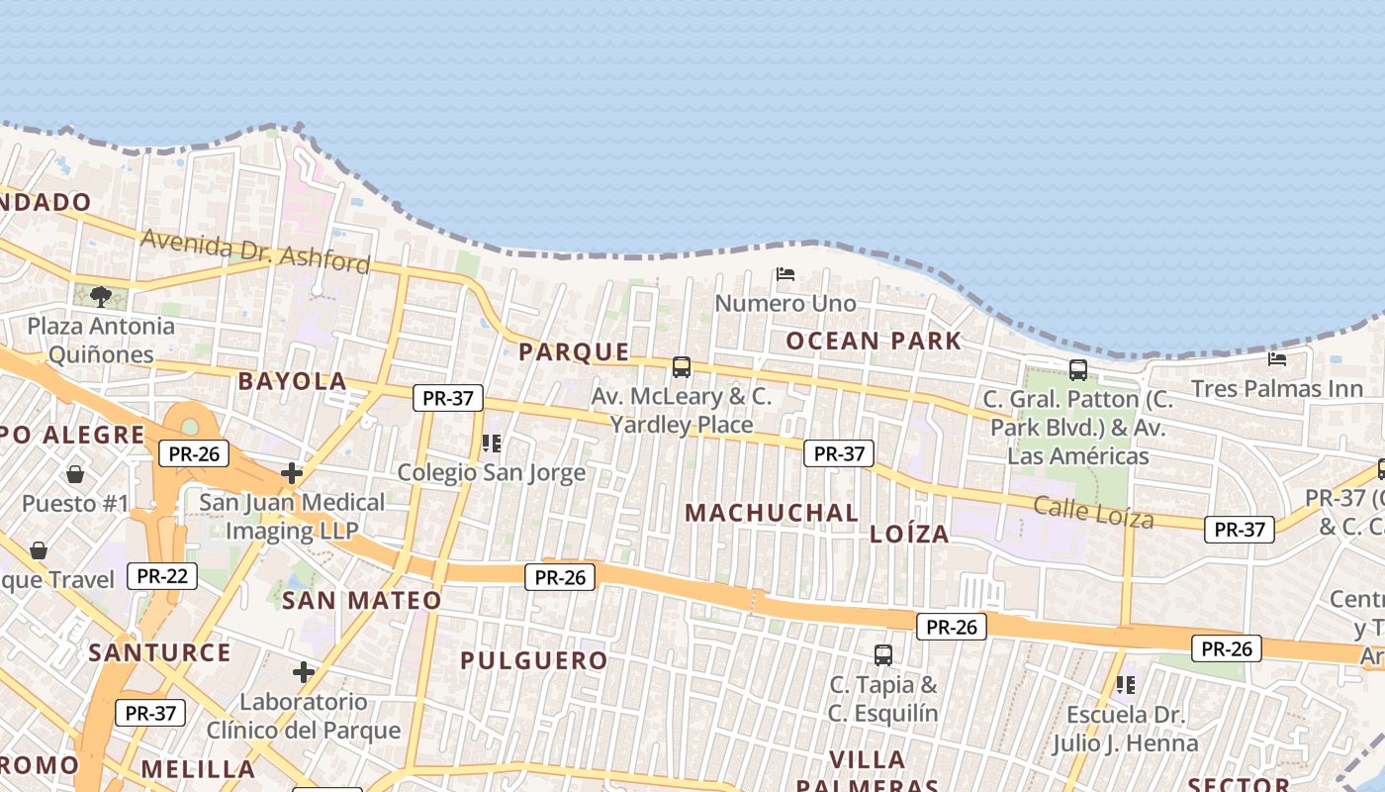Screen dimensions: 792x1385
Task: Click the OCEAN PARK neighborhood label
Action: pyautogui.click(x=873, y=342)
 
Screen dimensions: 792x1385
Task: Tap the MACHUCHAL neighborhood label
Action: pyautogui.click(x=772, y=513)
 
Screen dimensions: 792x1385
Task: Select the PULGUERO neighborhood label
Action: pyautogui.click(x=533, y=660)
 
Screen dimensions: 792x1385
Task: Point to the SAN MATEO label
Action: pyautogui.click(x=362, y=601)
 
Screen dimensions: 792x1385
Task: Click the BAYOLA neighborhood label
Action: pyautogui.click(x=292, y=381)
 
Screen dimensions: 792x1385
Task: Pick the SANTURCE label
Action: pyautogui.click(x=159, y=652)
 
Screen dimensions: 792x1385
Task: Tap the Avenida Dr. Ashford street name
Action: pyautogui.click(x=255, y=249)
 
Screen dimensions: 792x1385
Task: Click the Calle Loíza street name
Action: pyautogui.click(x=1093, y=512)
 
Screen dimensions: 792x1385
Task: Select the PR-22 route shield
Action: pyautogui.click(x=163, y=575)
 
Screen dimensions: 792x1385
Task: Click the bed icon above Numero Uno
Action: pyautogui.click(x=785, y=273)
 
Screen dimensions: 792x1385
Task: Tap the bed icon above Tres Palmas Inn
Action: pyautogui.click(x=1277, y=358)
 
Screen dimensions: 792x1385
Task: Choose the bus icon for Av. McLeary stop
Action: pyautogui.click(x=682, y=367)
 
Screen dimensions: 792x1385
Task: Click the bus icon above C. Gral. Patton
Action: pyautogui.click(x=1078, y=370)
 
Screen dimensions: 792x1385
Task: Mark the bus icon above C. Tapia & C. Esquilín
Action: pyautogui.click(x=883, y=654)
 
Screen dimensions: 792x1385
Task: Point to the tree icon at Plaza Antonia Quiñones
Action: pyautogui.click(x=100, y=296)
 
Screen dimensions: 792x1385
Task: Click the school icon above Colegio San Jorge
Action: pyautogui.click(x=492, y=444)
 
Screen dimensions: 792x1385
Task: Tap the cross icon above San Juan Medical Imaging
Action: pyautogui.click(x=292, y=473)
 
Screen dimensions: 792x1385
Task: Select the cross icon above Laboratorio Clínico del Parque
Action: pyautogui.click(x=304, y=673)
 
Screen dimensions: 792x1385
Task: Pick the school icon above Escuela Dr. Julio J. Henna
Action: pyautogui.click(x=1125, y=684)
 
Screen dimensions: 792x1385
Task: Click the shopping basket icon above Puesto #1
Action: pyautogui.click(x=75, y=474)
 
